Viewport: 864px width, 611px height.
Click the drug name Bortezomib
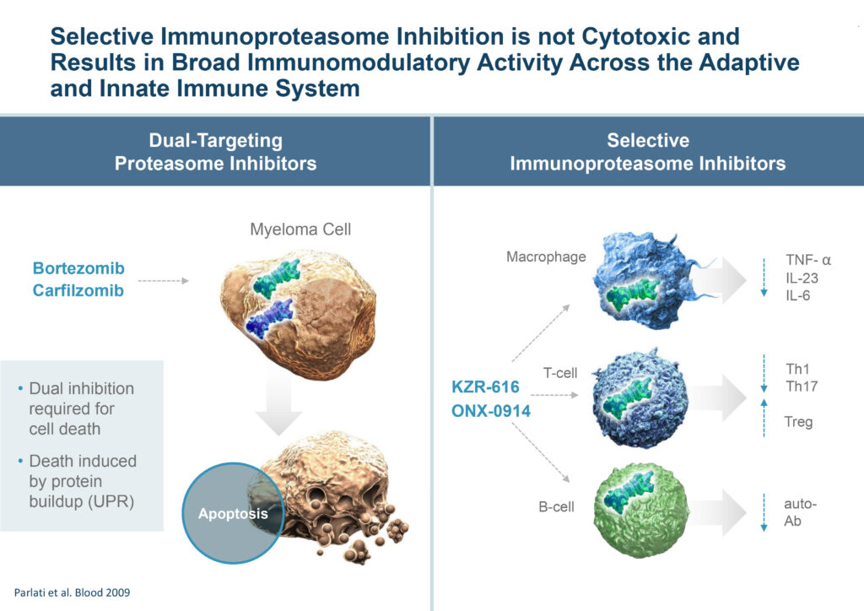click(78, 268)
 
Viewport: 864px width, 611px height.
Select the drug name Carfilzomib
click(78, 290)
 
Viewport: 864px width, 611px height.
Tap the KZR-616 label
click(485, 387)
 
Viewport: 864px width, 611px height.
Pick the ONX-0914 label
click(491, 410)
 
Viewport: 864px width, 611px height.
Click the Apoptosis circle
click(233, 513)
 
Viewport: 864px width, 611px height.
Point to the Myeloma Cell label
click(300, 230)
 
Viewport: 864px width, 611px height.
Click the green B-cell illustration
click(642, 511)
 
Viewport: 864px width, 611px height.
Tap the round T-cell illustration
click(641, 397)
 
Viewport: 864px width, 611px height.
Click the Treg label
click(798, 422)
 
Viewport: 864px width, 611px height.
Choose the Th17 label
click(802, 387)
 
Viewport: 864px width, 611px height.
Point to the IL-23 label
click(802, 278)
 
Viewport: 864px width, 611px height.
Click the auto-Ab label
click(800, 511)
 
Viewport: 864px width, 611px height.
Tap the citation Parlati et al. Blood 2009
click(73, 592)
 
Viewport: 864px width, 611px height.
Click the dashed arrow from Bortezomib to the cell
click(163, 281)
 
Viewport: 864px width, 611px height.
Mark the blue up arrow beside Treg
click(764, 419)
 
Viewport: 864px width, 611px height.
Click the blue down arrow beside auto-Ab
click(764, 512)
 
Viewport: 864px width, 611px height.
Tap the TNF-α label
click(808, 260)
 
